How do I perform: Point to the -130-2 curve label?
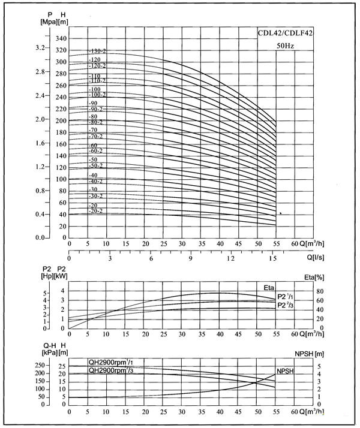[97, 51]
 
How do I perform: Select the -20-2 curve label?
[97, 211]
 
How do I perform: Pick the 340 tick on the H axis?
[61, 38]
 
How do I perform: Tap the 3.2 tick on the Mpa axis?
[41, 47]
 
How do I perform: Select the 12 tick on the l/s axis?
[230, 258]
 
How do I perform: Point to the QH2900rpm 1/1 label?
[110, 361]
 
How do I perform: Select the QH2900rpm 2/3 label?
[110, 370]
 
